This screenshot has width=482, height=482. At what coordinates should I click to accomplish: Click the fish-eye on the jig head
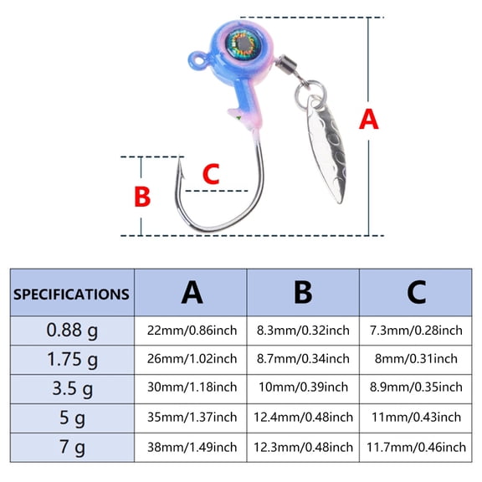click(x=244, y=44)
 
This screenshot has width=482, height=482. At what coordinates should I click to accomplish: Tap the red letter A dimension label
click(x=368, y=119)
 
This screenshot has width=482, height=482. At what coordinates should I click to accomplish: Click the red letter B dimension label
click(x=142, y=197)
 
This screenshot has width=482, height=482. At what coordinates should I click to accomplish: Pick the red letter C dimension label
click(x=211, y=174)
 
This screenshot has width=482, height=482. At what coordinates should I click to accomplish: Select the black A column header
click(x=192, y=293)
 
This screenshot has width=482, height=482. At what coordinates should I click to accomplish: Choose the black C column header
click(x=416, y=293)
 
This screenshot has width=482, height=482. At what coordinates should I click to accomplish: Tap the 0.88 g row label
click(x=72, y=331)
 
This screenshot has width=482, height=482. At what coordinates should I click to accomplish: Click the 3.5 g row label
click(x=72, y=388)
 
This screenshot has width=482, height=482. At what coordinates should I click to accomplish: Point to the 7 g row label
click(x=72, y=447)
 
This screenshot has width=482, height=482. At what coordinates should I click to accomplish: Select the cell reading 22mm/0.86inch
click(x=192, y=331)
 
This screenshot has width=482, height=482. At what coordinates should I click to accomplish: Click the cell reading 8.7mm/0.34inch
click(x=303, y=359)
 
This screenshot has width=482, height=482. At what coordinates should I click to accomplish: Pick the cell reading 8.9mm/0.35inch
click(x=416, y=387)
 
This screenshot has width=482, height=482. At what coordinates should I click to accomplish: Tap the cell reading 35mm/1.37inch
click(x=192, y=417)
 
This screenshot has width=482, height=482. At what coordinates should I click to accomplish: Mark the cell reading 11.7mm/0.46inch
click(x=416, y=447)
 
